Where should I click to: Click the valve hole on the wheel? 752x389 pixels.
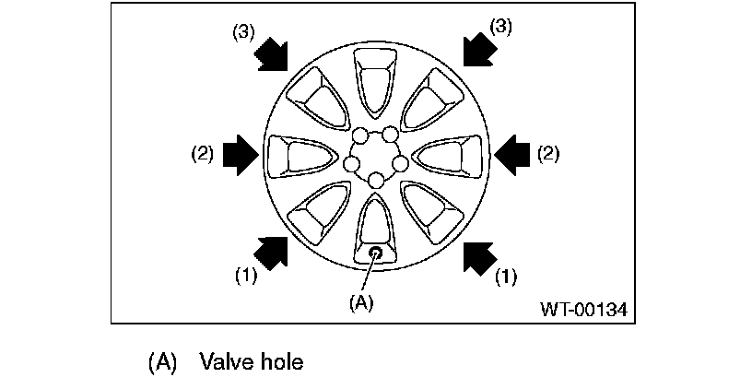(376, 253)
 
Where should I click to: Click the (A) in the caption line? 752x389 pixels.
(161, 361)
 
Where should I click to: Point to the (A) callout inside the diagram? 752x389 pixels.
(361, 301)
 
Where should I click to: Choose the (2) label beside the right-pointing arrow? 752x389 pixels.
(203, 154)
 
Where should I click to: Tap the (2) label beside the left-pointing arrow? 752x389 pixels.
(547, 154)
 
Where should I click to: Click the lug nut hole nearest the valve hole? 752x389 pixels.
(376, 180)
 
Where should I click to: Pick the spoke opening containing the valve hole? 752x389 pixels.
(376, 230)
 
